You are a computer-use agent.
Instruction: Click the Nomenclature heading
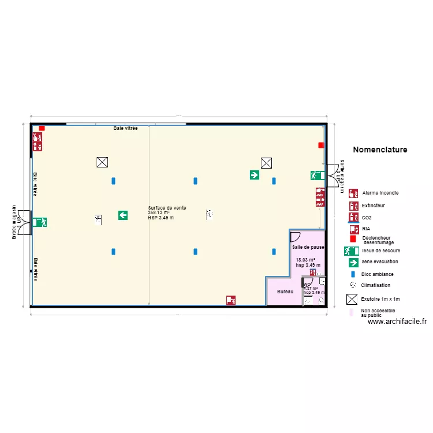pyautogui.click(x=379, y=150)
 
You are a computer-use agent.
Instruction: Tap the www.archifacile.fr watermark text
pyautogui.click(x=397, y=322)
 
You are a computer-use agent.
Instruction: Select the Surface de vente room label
pyautogui.click(x=167, y=208)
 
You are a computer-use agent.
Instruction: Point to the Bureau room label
pyautogui.click(x=285, y=292)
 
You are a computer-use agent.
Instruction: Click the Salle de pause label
pyautogui.click(x=308, y=247)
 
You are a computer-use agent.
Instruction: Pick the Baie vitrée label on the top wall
pyautogui.click(x=125, y=128)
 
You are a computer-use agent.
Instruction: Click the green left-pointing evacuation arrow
pyautogui.click(x=123, y=215)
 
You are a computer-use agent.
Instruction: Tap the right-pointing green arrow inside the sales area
pyautogui.click(x=254, y=174)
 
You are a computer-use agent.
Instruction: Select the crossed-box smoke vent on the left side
pyautogui.click(x=102, y=163)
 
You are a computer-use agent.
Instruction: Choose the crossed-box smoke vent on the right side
pyautogui.click(x=266, y=163)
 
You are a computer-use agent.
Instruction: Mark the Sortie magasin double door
pyautogui.click(x=333, y=175)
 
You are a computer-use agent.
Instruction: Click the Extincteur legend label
pyautogui.click(x=374, y=206)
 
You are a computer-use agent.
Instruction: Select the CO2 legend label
pyautogui.click(x=367, y=218)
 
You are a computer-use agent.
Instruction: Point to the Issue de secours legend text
pyautogui.click(x=380, y=251)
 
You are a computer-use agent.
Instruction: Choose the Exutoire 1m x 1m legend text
pyautogui.click(x=380, y=299)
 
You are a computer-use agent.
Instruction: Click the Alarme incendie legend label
pyautogui.click(x=380, y=193)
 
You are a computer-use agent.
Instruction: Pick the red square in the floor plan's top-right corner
pyautogui.click(x=321, y=145)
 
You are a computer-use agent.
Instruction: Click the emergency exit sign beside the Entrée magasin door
pyautogui.click(x=40, y=222)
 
